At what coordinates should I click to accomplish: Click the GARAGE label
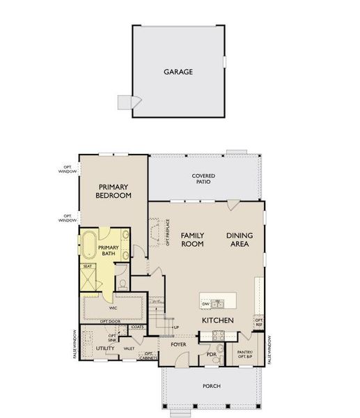click(178, 72)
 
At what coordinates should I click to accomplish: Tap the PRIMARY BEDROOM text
click(115, 192)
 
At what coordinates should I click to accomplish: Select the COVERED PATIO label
click(203, 179)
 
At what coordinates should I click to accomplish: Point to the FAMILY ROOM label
click(192, 240)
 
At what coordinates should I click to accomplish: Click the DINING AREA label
click(240, 240)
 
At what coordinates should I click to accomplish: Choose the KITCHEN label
click(217, 320)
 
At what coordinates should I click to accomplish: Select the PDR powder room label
click(212, 355)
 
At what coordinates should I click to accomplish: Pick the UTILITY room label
click(105, 348)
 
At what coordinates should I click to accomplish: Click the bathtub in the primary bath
click(89, 247)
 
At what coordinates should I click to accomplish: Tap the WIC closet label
click(112, 307)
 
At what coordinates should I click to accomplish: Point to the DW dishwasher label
click(206, 304)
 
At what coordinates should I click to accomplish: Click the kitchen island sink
click(219, 303)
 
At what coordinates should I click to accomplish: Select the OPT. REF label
click(259, 323)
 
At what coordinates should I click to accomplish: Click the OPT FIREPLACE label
click(167, 232)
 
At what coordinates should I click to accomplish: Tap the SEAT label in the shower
click(88, 266)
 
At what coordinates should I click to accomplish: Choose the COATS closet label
click(137, 326)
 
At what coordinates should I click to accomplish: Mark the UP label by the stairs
click(176, 327)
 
